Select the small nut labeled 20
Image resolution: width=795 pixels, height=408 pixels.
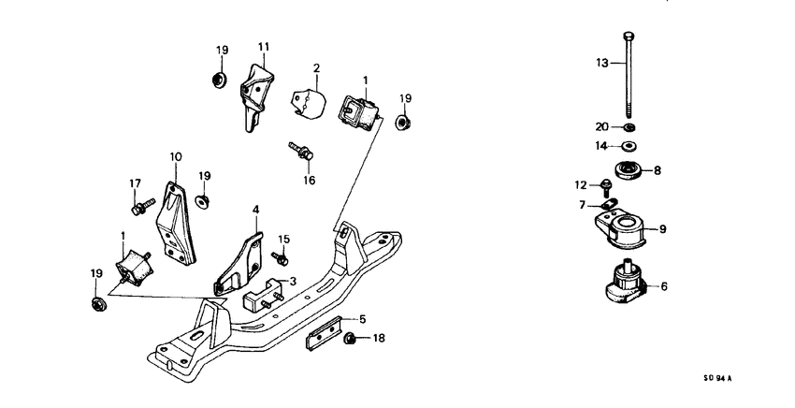point(629,127)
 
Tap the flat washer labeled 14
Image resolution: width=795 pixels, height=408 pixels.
point(629,145)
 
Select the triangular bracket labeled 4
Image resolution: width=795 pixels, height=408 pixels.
point(238,261)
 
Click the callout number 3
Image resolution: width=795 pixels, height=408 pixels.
point(292,281)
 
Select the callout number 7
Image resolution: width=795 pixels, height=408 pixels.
point(581,204)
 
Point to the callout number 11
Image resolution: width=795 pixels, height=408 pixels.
point(264,46)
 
